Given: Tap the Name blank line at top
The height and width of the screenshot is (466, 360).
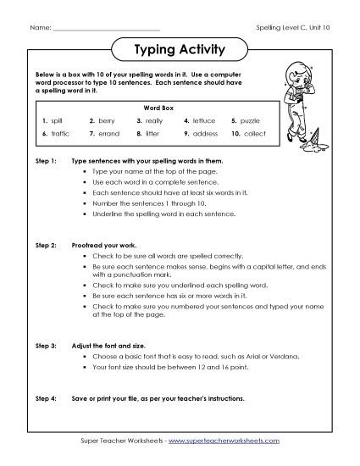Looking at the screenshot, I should click(x=105, y=27).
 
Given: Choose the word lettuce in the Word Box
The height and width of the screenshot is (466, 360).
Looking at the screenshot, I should click(x=204, y=121).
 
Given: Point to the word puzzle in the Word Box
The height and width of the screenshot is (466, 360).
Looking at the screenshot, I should click(x=252, y=121).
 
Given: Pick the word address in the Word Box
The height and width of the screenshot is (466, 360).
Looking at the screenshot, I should click(x=206, y=134).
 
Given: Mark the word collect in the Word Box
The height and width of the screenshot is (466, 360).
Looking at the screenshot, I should click(x=254, y=134).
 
